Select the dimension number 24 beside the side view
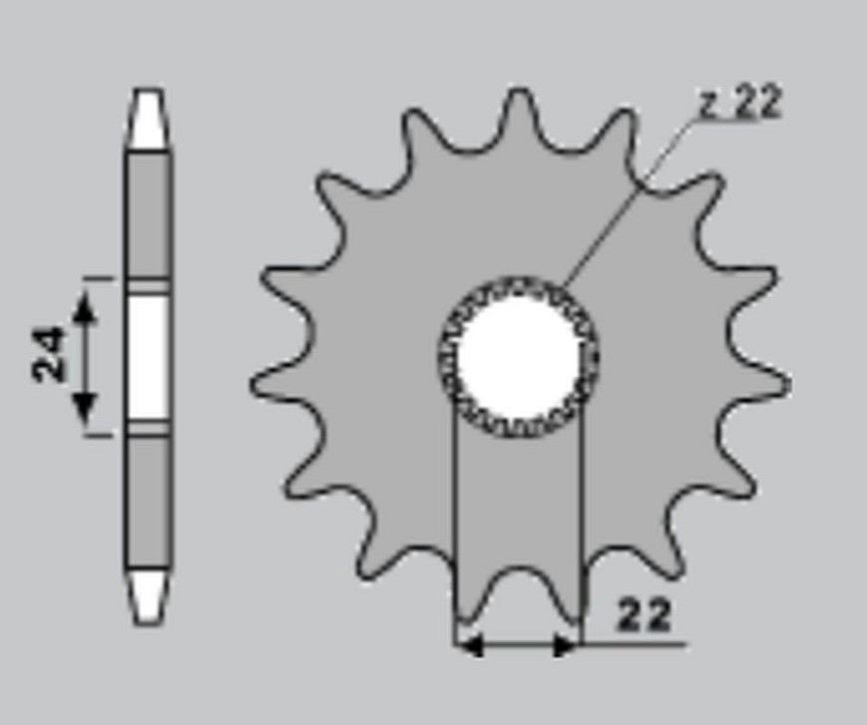pos(49,354)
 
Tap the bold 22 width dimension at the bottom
pos(644,613)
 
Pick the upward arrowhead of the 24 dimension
pos(85,306)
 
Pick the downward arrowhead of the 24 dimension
pos(85,407)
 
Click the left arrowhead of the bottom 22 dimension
pos(470,645)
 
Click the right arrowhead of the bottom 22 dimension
pos(565,645)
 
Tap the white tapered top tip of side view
pos(149,119)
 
